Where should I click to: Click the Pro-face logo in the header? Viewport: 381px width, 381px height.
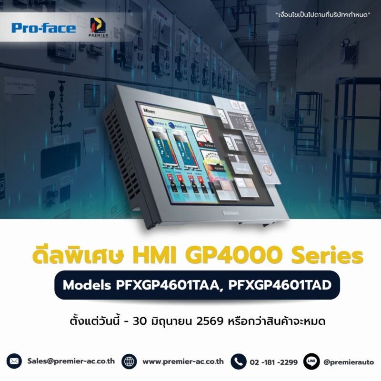click(x=44, y=28)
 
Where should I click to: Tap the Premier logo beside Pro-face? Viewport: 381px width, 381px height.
click(x=98, y=28)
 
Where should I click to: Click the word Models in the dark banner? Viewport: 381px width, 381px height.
click(x=87, y=285)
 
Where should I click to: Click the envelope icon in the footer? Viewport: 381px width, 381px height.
click(x=15, y=361)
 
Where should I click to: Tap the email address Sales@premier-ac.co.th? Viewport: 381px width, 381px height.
click(x=71, y=361)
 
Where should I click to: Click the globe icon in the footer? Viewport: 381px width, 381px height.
click(x=129, y=361)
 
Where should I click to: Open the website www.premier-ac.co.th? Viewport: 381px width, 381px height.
click(x=183, y=361)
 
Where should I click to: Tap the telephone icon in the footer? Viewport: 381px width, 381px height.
click(x=238, y=361)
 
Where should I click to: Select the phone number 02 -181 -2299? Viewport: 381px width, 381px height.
click(x=274, y=362)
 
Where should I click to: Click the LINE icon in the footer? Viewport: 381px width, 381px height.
click(x=311, y=361)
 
